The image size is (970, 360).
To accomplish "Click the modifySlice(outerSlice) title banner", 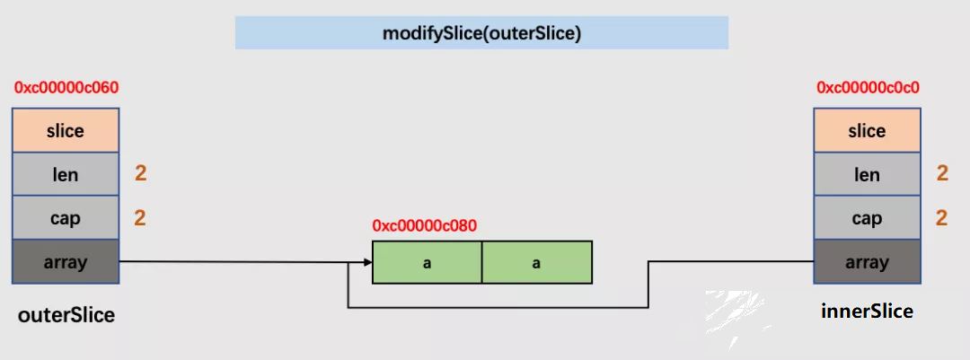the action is point(481,33).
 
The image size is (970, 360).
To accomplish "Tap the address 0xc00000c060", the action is point(66,88).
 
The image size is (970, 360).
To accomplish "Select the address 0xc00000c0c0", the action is point(868,88).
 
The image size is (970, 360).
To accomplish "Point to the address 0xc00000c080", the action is point(424,225).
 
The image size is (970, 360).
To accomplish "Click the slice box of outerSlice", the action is point(66,130).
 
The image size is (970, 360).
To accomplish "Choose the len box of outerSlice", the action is point(66,174).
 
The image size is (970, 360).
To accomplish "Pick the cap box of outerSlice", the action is point(66,218).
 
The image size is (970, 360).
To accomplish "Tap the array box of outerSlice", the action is point(66,261).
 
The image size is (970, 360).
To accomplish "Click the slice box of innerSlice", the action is point(868,130).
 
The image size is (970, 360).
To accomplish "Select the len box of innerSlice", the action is point(868,174).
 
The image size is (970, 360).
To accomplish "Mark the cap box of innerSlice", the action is point(868,218).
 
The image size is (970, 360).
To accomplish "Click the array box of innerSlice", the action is point(868,261).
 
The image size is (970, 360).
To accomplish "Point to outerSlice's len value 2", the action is point(141,174).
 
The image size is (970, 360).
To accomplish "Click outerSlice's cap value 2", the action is point(140,218).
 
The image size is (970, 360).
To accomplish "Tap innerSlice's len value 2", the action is point(942,174).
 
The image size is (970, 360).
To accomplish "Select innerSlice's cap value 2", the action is point(942,218).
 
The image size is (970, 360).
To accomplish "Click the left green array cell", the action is point(427,262).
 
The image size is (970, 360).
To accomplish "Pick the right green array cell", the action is point(537,262).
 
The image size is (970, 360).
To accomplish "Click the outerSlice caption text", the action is point(66,315).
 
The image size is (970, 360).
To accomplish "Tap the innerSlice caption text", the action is point(868,311).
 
